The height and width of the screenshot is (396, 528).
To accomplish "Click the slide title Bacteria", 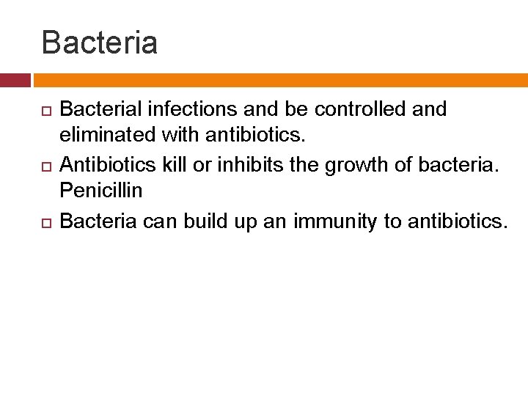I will click(x=100, y=43).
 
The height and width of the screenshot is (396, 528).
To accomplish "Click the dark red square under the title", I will click(x=15, y=80).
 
